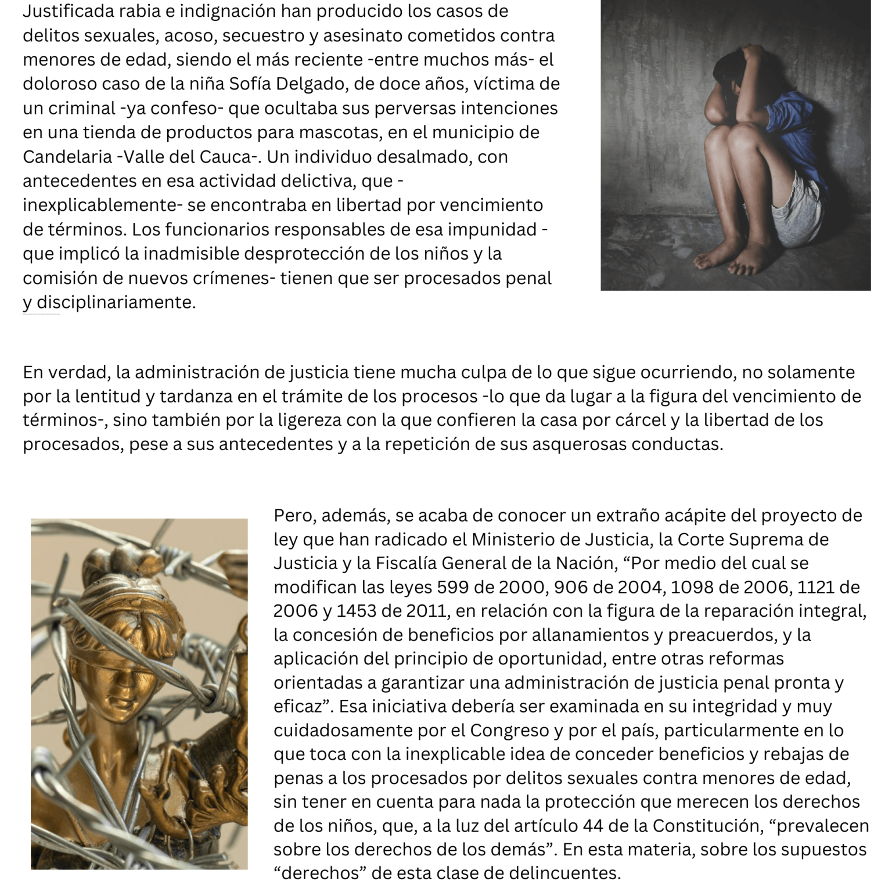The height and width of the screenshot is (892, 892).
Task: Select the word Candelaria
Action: [x=67, y=157]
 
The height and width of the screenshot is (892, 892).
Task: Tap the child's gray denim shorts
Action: [x=804, y=212]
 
